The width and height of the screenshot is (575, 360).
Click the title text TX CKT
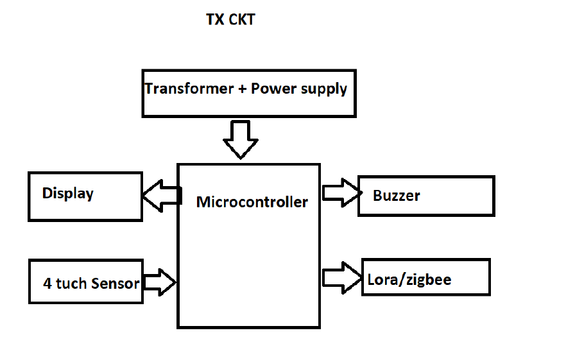tap(230, 20)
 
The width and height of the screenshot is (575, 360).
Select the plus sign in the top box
tap(242, 89)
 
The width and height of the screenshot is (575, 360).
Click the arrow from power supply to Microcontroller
tap(241, 139)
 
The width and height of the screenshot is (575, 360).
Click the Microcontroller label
tap(252, 202)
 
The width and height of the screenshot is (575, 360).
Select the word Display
tap(68, 193)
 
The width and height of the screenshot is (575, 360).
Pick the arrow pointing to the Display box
tap(160, 195)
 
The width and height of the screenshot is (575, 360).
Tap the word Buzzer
tap(396, 195)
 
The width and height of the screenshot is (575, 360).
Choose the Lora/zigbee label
tap(409, 280)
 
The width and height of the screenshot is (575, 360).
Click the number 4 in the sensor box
tap(47, 283)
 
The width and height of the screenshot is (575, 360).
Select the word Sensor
tap(116, 283)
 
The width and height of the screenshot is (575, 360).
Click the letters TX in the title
tap(214, 20)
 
